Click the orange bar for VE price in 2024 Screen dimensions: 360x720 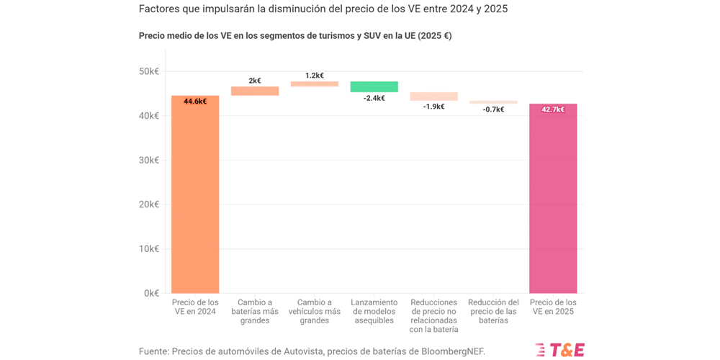tap(195, 194)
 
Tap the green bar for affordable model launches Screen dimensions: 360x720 tap(374, 86)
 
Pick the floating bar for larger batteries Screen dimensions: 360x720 tap(255, 91)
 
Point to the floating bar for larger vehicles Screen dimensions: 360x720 tap(315, 84)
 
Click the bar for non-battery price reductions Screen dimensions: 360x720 tap(433, 96)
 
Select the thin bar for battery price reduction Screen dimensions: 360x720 tap(493, 102)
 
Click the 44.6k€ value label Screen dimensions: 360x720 tap(195, 102)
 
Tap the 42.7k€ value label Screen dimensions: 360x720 tap(553, 109)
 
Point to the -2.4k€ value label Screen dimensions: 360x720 tap(374, 98)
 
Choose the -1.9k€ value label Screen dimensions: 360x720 tap(433, 107)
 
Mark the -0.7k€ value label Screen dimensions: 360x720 tap(493, 109)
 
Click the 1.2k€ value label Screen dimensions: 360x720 tap(315, 76)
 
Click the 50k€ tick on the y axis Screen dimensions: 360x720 tap(149, 71)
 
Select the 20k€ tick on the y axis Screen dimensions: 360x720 tap(149, 204)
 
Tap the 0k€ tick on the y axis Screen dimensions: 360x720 tap(151, 293)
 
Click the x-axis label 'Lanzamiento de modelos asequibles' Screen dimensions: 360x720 tap(374, 311)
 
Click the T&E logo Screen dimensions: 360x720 tap(560, 350)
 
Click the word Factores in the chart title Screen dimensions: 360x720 tap(160, 9)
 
